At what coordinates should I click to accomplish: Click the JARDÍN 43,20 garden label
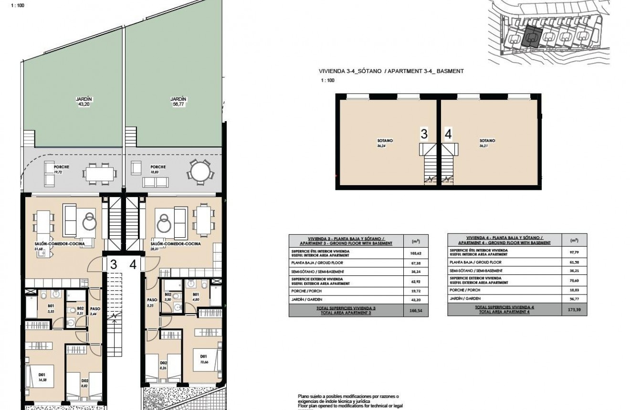coord(84,101)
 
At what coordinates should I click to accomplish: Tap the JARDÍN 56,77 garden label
coord(178,101)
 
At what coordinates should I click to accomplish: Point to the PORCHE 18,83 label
coord(158,169)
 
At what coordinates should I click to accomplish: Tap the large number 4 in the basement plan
coord(448,134)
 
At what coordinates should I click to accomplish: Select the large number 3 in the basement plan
coord(424,134)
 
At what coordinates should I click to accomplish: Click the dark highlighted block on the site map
coord(532,36)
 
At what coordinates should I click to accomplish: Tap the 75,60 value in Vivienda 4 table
coord(574,282)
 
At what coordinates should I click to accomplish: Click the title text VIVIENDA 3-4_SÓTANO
coord(350,71)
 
